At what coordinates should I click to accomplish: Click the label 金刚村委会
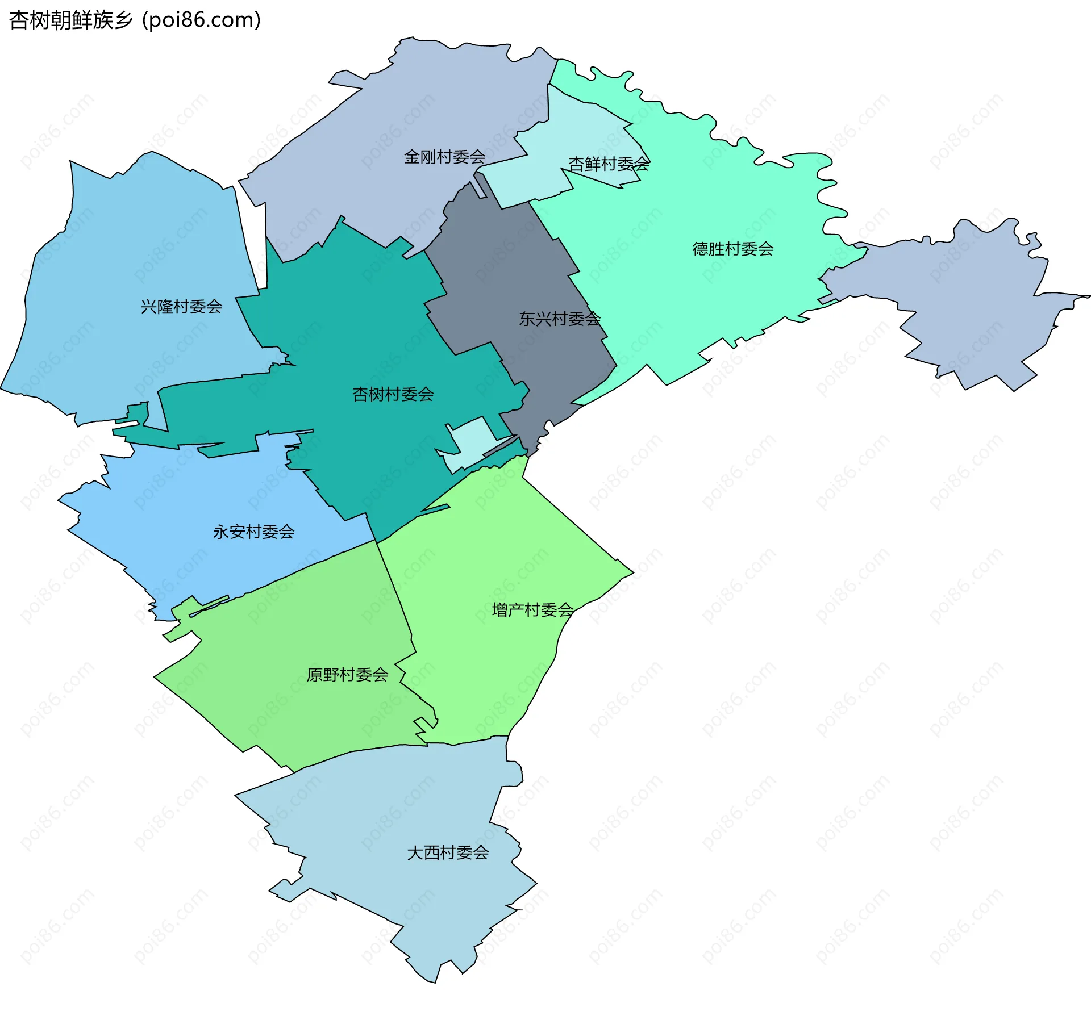click(444, 157)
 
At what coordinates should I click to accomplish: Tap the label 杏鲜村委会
click(609, 164)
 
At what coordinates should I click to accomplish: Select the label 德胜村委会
click(732, 249)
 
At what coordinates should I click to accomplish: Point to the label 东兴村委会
click(559, 319)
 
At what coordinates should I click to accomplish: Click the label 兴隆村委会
click(181, 307)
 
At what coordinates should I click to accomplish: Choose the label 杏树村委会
click(393, 394)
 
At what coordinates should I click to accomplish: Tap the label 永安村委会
click(253, 532)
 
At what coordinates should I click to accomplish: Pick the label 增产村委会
click(532, 610)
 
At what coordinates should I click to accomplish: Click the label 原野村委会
click(347, 675)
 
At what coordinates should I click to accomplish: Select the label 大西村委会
click(448, 852)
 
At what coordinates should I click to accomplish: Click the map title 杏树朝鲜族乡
click(70, 20)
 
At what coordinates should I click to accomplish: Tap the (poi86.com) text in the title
click(201, 20)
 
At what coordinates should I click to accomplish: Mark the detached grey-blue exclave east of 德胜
click(966, 307)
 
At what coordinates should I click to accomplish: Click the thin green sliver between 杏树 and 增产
click(435, 509)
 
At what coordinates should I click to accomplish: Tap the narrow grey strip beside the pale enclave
click(500, 446)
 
